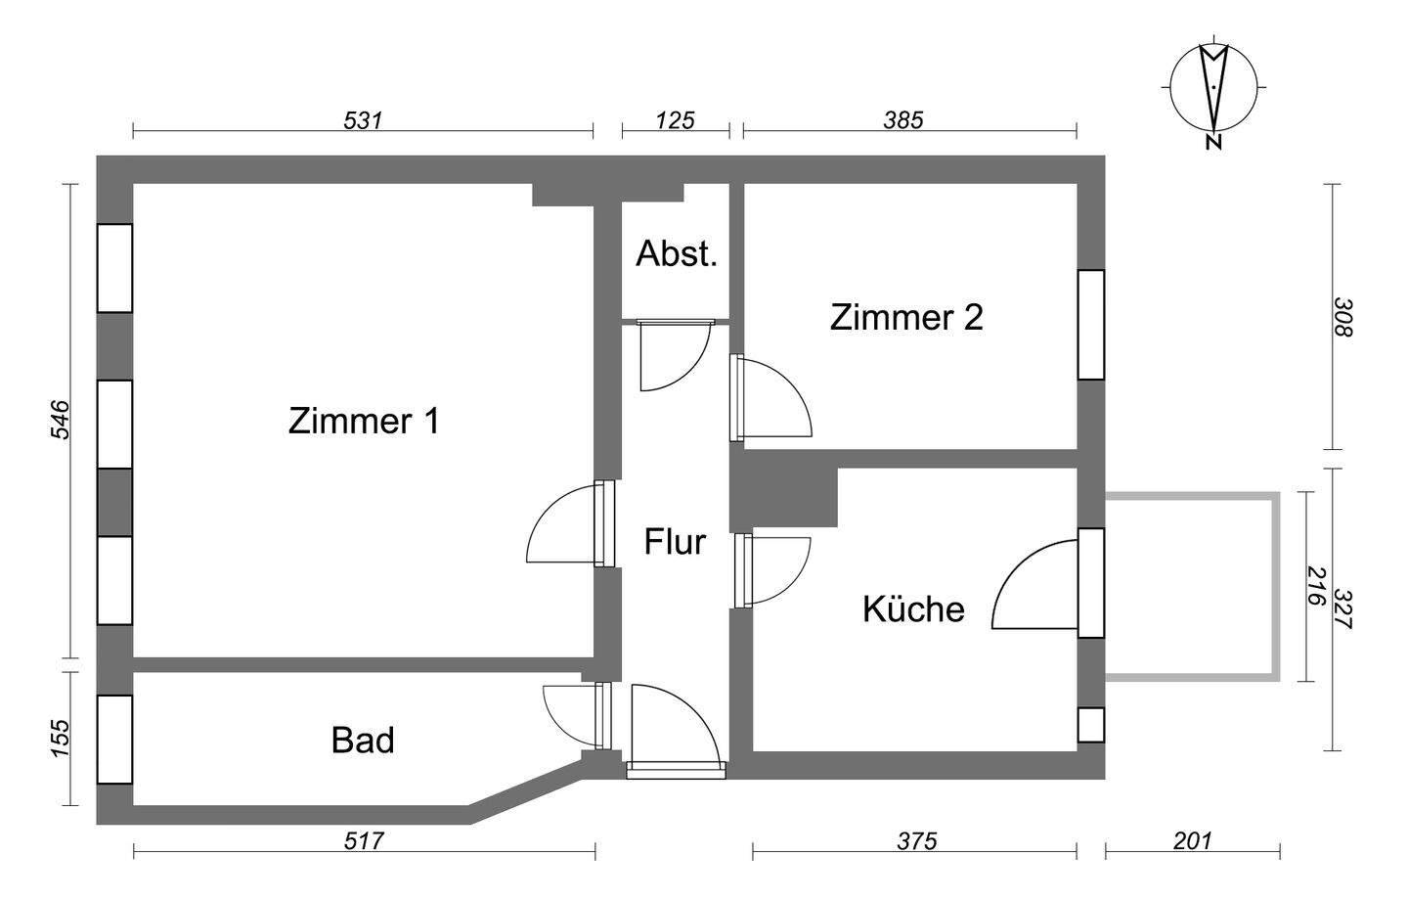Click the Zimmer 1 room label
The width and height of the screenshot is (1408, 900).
pyautogui.click(x=364, y=422)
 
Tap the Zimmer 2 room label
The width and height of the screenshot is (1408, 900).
pyautogui.click(x=906, y=318)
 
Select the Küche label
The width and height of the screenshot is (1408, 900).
pyautogui.click(x=913, y=609)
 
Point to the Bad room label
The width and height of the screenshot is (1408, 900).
pyautogui.click(x=363, y=740)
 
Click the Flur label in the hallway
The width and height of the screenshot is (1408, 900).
pyautogui.click(x=675, y=541)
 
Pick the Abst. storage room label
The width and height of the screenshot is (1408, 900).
pyautogui.click(x=677, y=254)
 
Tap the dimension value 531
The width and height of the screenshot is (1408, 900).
pyautogui.click(x=362, y=120)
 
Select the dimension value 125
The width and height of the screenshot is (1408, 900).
pyautogui.click(x=675, y=120)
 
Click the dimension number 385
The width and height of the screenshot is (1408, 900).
pyautogui.click(x=903, y=120)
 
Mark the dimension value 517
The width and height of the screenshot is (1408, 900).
pyautogui.click(x=364, y=840)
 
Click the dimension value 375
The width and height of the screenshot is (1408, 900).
pyautogui.click(x=916, y=840)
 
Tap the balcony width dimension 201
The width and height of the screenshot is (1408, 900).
pyautogui.click(x=1192, y=840)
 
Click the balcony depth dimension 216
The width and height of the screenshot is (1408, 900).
pyautogui.click(x=1315, y=586)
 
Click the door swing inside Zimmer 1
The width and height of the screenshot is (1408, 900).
pyautogui.click(x=565, y=528)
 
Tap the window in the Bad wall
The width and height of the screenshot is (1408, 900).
pyautogui.click(x=114, y=739)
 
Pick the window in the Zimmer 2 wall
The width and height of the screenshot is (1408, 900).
pyautogui.click(x=1090, y=324)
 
